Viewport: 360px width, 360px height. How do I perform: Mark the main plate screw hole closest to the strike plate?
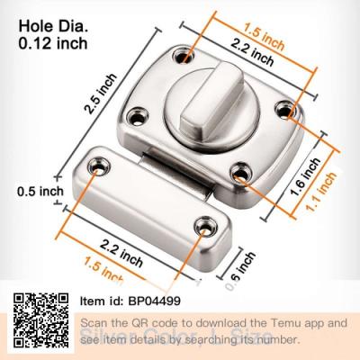(241, 172)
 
